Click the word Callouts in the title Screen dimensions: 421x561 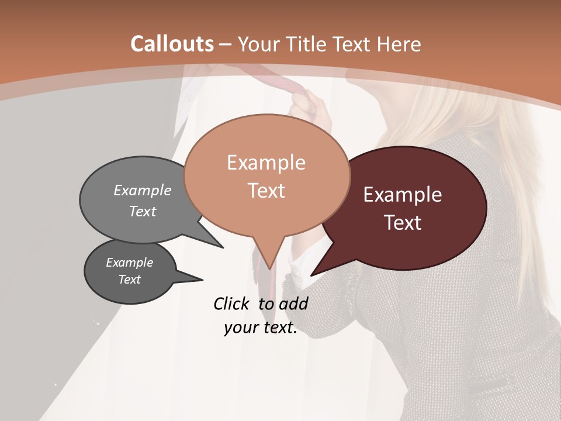[x=172, y=44]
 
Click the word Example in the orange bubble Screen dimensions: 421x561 [x=266, y=163]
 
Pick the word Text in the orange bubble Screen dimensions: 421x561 [x=266, y=191]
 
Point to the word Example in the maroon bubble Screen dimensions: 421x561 [x=403, y=195]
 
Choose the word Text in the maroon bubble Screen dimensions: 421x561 [x=403, y=223]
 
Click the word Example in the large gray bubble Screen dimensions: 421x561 [x=143, y=191]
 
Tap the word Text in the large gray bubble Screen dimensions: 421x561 [x=143, y=212]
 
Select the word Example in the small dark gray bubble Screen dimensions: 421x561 [x=130, y=263]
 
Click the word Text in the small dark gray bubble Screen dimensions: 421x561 [x=130, y=279]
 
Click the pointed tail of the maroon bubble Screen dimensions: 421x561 [x=312, y=274]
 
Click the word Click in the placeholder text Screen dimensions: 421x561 [x=232, y=303]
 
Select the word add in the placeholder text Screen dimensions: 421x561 [x=293, y=303]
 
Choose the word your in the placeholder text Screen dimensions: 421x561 [x=240, y=328]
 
